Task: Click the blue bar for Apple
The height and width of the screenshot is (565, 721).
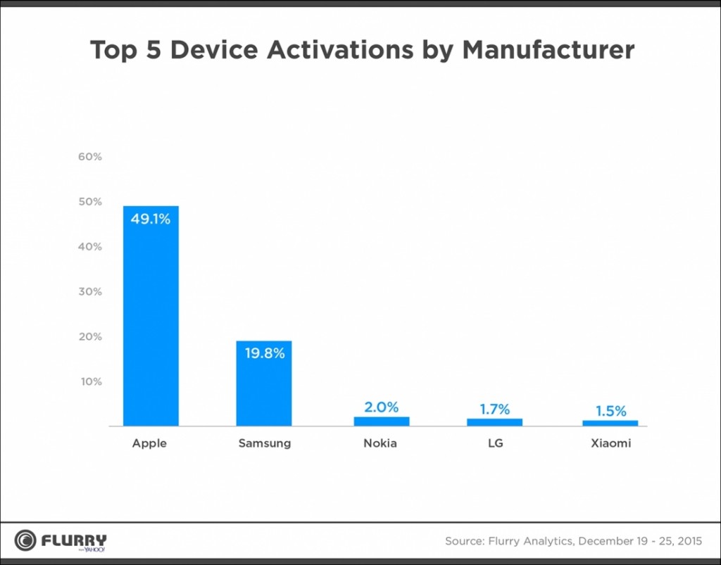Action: [x=151, y=317]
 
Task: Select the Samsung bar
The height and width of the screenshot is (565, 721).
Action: [x=264, y=383]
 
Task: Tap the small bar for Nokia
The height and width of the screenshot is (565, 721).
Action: [x=381, y=421]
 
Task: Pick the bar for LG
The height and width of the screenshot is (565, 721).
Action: [x=494, y=421]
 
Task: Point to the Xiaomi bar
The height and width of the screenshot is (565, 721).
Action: [x=610, y=422]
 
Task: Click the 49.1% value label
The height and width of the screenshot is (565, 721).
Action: [x=151, y=220]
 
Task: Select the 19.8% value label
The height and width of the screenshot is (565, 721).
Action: [x=265, y=353]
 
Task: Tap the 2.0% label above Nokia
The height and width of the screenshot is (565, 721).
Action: [x=381, y=407]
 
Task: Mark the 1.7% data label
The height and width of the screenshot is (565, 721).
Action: [x=494, y=409]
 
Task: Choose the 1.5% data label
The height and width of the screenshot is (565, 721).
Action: [x=610, y=411]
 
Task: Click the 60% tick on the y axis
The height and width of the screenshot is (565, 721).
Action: [x=90, y=157]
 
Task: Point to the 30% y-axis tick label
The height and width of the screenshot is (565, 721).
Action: [x=90, y=292]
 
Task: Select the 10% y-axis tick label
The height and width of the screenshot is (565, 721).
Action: [x=90, y=382]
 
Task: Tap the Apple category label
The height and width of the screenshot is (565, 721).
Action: [x=149, y=444]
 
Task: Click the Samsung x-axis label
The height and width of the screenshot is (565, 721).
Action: [x=264, y=444]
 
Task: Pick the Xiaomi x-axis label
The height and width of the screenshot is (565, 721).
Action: [x=610, y=444]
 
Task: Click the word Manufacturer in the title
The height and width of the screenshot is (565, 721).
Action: [x=548, y=51]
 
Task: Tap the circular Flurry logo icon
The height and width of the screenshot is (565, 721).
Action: [x=26, y=540]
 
